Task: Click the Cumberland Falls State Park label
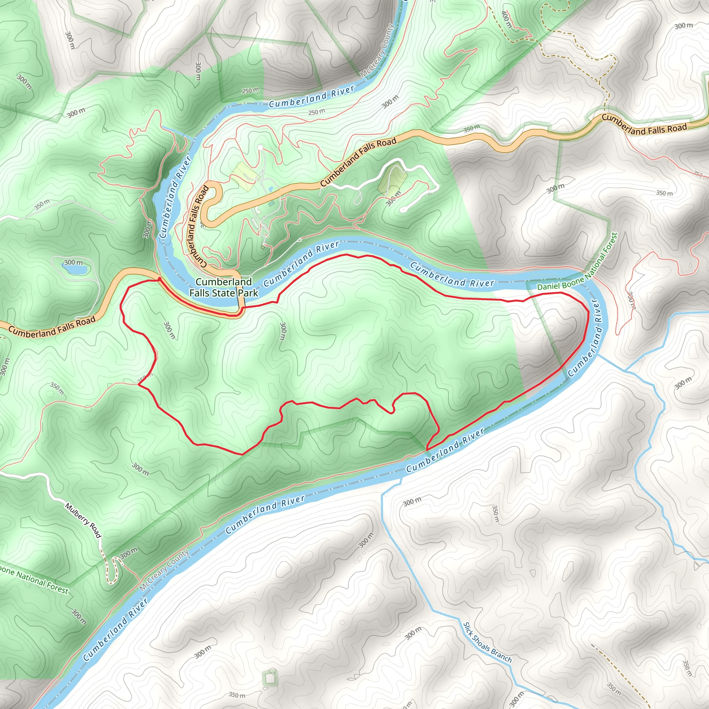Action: click(224, 287)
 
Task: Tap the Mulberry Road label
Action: click(83, 521)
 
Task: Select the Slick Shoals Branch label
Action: click(487, 643)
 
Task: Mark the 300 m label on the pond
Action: click(73, 262)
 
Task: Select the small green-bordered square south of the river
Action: click(270, 679)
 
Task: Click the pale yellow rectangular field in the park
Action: click(245, 176)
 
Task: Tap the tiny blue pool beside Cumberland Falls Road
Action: click(270, 189)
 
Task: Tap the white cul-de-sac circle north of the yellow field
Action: click(260, 147)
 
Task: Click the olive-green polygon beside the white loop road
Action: click(392, 181)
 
